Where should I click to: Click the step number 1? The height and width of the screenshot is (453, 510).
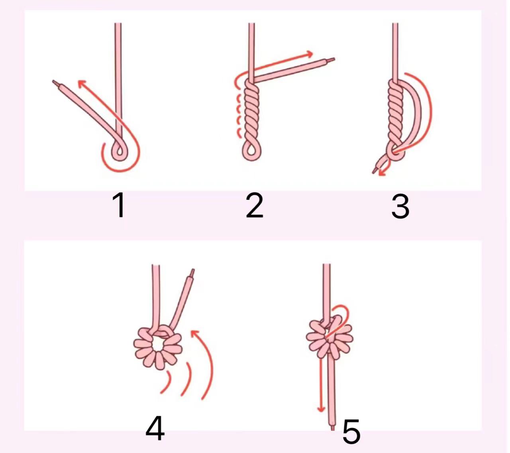tap(119, 205)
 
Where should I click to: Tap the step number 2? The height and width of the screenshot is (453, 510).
tap(254, 205)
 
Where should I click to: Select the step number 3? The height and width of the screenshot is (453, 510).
tap(400, 206)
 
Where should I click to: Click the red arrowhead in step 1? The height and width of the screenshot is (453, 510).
tap(82, 84)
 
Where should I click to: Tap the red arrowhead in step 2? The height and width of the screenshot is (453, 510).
tap(309, 54)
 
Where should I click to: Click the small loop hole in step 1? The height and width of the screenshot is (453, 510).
tap(119, 151)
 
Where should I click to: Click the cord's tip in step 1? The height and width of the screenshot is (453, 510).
tap(54, 82)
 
